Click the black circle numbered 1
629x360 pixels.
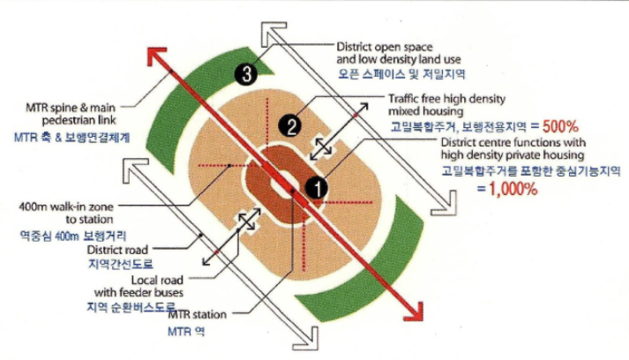(316, 186)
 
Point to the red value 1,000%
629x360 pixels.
(512, 190)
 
